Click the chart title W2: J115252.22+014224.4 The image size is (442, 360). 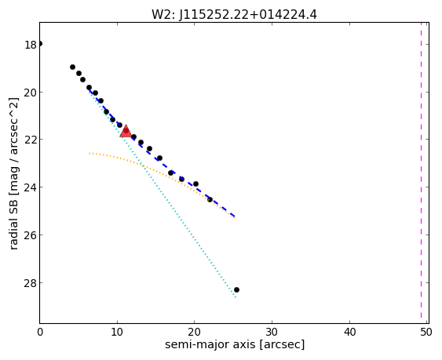(234, 14)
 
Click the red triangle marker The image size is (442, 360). (126, 131)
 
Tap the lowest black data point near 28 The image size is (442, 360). (236, 289)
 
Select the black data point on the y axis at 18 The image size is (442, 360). (40, 43)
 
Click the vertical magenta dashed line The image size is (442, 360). (421, 173)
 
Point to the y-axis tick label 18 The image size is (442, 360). (30, 45)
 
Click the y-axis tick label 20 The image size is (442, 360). (30, 93)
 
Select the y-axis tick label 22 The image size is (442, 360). (30, 140)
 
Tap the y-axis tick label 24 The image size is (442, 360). (30, 187)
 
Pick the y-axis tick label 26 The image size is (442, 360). (30, 235)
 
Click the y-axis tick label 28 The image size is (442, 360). (30, 283)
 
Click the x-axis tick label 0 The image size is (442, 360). (40, 333)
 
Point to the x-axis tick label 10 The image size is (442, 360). (117, 333)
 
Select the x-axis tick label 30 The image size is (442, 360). (272, 333)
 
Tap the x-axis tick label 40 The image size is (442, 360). (349, 333)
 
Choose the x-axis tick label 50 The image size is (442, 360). (426, 333)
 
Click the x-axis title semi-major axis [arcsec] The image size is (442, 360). (235, 345)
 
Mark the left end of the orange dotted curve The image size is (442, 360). (89, 153)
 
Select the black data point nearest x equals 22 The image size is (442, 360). (210, 199)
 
